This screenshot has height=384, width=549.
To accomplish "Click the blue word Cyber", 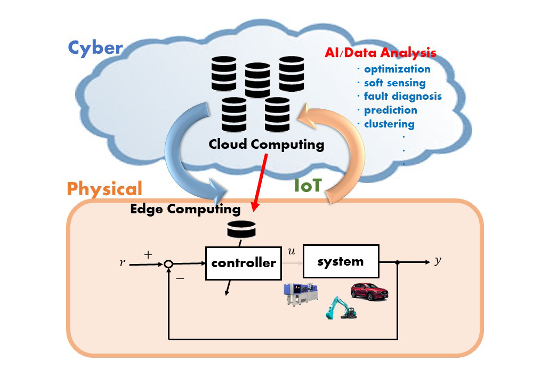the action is [x=95, y=48].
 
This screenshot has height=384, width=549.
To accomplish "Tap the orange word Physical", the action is [x=104, y=189].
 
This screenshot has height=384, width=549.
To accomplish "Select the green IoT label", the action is [x=308, y=185].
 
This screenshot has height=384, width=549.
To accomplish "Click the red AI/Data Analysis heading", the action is [x=380, y=53].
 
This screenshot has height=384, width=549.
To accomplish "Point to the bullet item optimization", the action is [x=397, y=69].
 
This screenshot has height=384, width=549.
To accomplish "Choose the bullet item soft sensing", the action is [x=394, y=83].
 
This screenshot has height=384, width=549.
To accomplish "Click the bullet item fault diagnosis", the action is [x=402, y=96].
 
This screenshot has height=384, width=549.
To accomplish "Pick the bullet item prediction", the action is [x=390, y=110].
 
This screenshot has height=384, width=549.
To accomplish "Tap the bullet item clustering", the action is [x=389, y=124].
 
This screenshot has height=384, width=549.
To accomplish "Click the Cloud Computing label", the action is [x=266, y=145].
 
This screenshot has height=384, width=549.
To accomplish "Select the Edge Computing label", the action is [x=185, y=209].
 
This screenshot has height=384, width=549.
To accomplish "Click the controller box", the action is [x=244, y=263].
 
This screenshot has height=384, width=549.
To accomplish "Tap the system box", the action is [x=341, y=261].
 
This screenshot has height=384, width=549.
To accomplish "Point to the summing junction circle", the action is [x=168, y=264].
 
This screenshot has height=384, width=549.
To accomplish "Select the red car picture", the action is [x=370, y=292].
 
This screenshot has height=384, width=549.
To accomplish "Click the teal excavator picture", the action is [x=341, y=308].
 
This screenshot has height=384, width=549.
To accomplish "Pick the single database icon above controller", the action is [x=241, y=229].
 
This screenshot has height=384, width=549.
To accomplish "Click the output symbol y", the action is [x=438, y=261].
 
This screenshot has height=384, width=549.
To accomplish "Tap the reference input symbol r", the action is [x=122, y=262].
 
